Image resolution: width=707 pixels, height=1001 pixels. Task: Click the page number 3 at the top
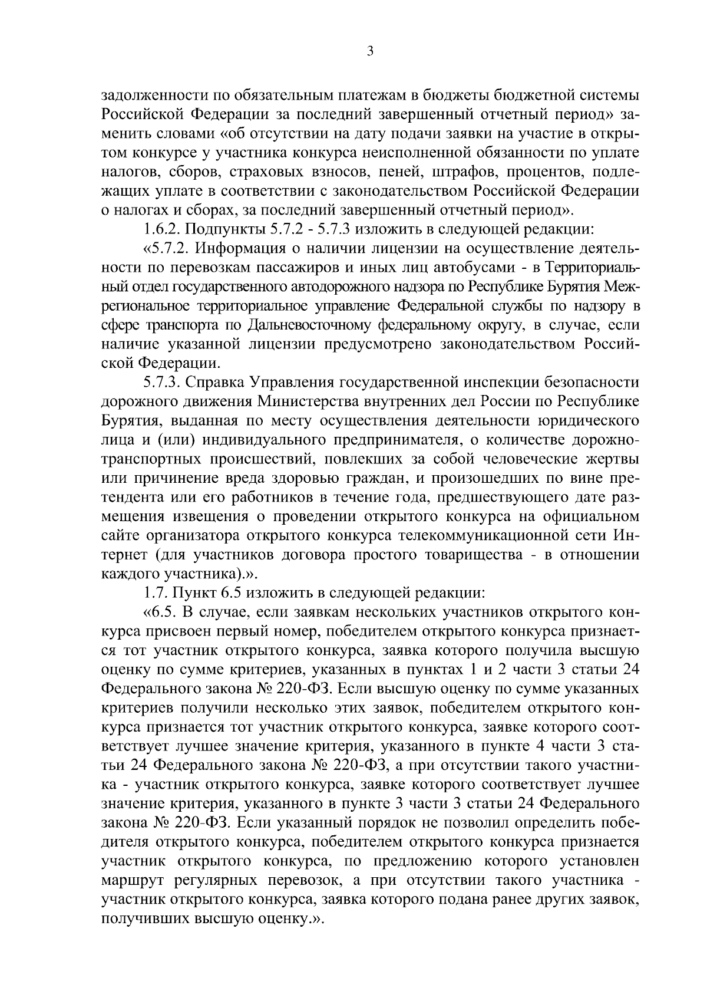369,51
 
